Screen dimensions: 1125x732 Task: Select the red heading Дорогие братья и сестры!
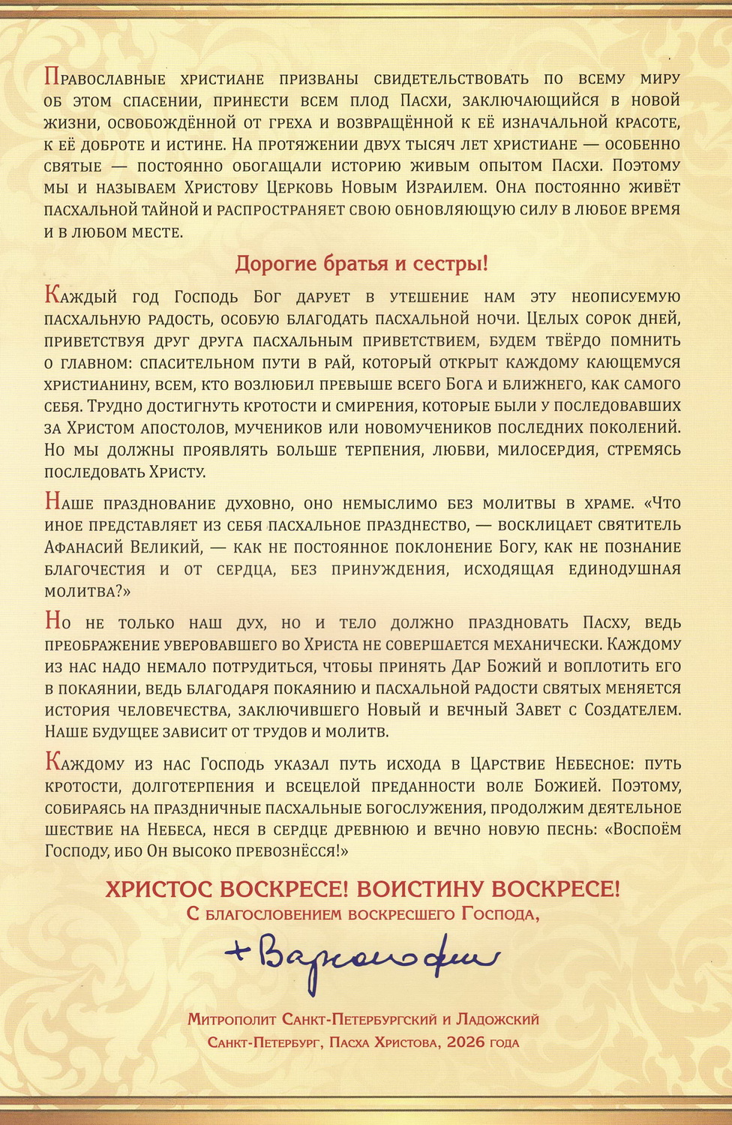coord(361,264)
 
